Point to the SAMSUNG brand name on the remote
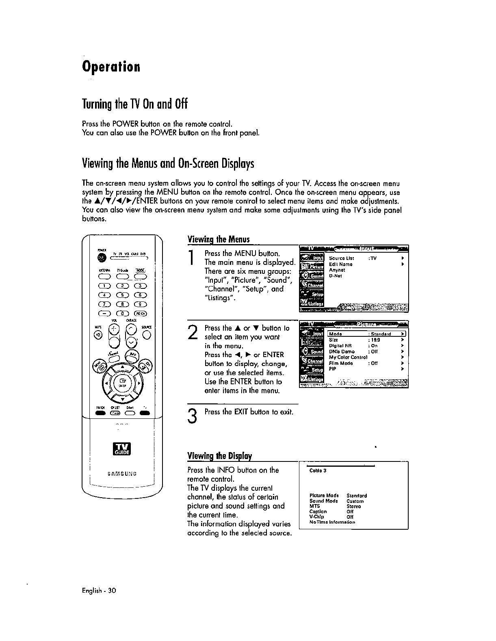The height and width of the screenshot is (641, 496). (x=122, y=474)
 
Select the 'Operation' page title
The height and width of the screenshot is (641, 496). (x=111, y=66)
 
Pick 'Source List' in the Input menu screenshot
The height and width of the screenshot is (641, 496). (x=341, y=258)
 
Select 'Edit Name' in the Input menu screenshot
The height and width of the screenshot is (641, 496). (x=340, y=264)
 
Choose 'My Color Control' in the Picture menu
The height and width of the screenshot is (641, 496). (x=348, y=357)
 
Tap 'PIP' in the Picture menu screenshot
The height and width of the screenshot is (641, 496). (x=332, y=369)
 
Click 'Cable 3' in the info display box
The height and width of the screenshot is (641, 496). (x=318, y=471)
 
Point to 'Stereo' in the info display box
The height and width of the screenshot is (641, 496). (x=353, y=507)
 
